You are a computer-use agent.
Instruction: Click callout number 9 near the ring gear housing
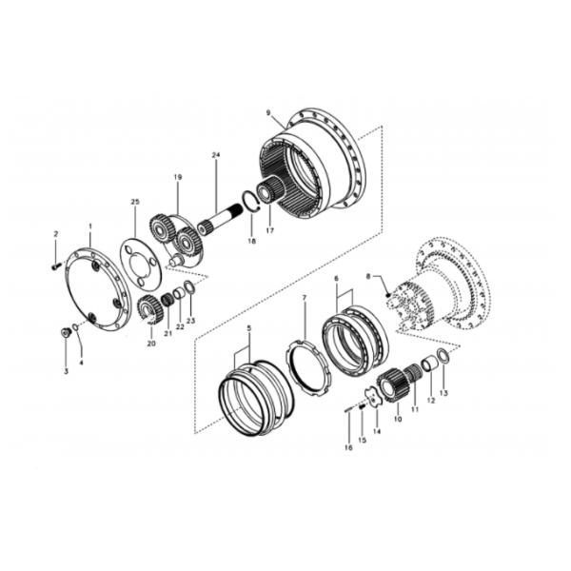(268, 113)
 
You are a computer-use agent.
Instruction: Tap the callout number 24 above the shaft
(216, 155)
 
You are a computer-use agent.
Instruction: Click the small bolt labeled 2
(54, 267)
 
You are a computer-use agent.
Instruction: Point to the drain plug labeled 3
(66, 332)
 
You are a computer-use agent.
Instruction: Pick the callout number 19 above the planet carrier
(178, 177)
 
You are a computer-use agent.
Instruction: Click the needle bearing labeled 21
(167, 300)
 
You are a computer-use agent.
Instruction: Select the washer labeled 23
(189, 287)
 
